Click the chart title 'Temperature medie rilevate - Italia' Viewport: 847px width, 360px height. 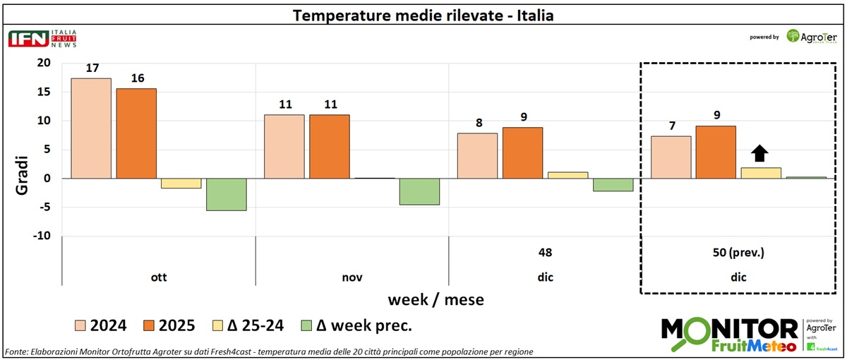pos(423,15)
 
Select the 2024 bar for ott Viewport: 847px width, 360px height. pos(91,128)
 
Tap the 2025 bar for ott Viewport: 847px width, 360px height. pos(137,133)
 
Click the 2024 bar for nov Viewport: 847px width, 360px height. pos(284,146)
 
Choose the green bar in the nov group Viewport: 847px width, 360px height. pos(419,191)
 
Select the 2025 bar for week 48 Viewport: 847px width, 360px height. pos(522,152)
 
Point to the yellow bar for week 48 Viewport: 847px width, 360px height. pos(567,175)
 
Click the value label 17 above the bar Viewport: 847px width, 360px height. pos(91,69)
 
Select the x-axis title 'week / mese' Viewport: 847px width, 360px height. pos(435,299)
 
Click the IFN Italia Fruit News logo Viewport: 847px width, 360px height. pos(42,38)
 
